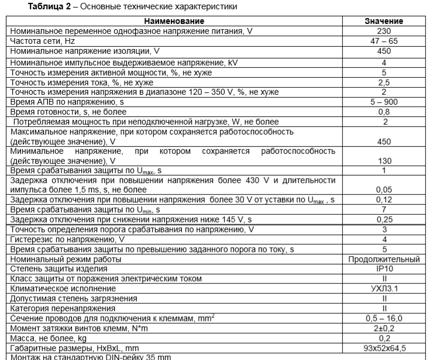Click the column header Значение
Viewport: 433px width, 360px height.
click(384, 21)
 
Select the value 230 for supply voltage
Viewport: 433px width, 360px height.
click(384, 31)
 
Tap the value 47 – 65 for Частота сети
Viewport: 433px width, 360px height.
click(384, 41)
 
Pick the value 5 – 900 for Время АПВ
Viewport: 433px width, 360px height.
click(384, 102)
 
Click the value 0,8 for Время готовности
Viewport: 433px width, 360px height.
click(384, 112)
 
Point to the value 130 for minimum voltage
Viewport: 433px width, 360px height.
click(384, 160)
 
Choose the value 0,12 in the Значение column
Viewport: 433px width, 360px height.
click(384, 200)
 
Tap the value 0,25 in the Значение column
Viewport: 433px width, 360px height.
click(384, 219)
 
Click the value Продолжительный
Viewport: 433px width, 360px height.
click(384, 259)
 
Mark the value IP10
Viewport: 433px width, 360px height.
click(384, 269)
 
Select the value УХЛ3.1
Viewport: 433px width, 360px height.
click(384, 289)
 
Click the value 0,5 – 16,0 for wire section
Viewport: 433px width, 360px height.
click(384, 318)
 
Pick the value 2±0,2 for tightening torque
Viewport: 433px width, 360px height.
click(384, 328)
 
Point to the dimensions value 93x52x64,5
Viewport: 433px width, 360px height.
click(384, 348)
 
